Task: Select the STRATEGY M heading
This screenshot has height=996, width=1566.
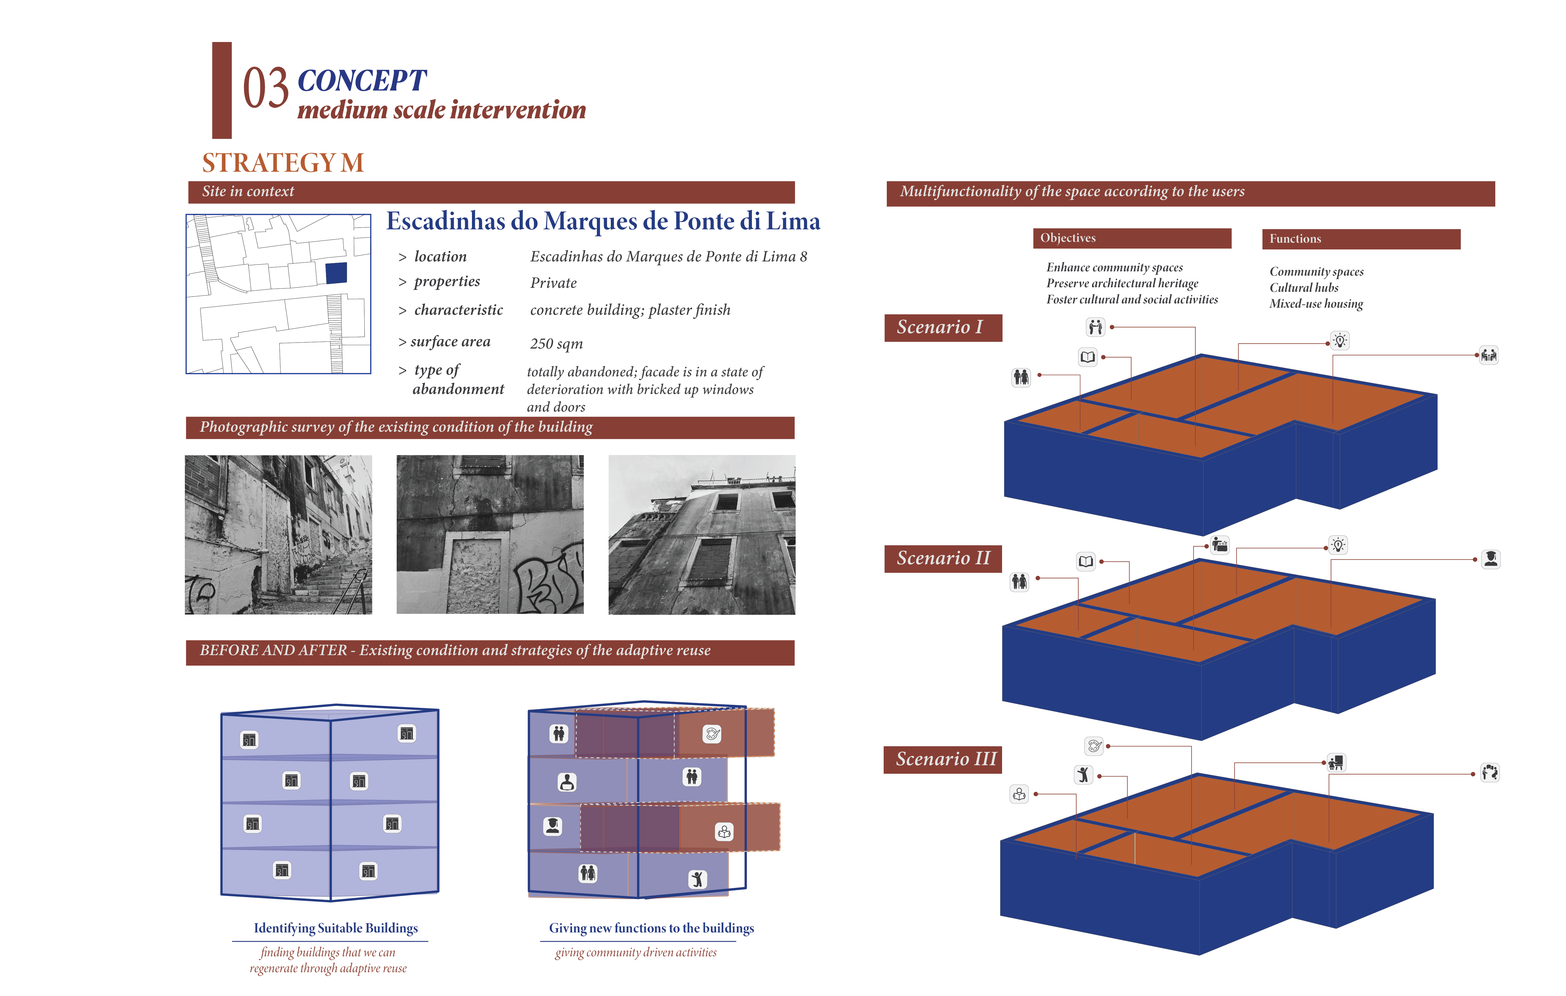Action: click(283, 163)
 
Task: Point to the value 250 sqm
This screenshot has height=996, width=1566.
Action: click(556, 344)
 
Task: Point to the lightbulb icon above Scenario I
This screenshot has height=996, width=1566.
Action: click(1340, 340)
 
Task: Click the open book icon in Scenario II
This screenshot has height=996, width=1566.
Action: click(1085, 561)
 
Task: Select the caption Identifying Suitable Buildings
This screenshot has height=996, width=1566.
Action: click(336, 928)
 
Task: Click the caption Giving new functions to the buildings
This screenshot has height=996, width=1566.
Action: click(651, 928)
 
